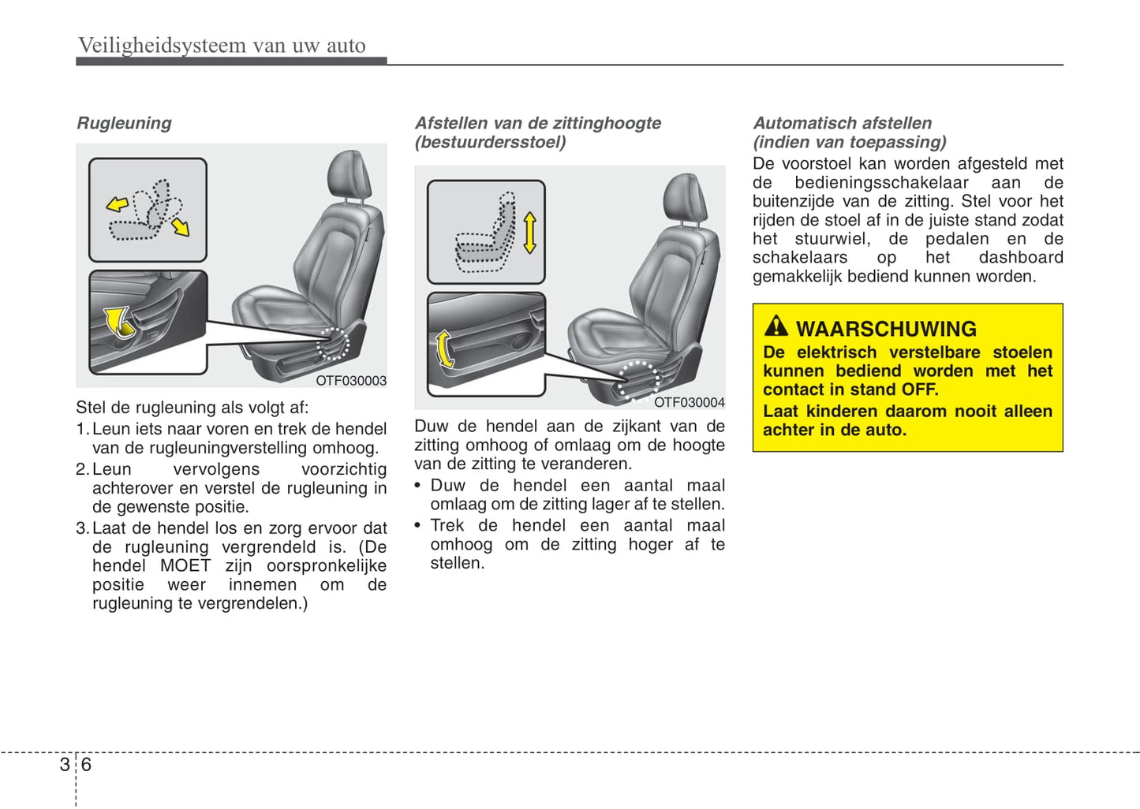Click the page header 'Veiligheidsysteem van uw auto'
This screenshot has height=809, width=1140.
[x=222, y=46]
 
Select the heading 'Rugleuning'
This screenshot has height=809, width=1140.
[x=124, y=123]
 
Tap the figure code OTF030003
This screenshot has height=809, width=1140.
[x=351, y=381]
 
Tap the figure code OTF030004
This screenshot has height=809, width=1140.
[x=689, y=403]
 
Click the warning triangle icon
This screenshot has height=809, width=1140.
[x=776, y=326]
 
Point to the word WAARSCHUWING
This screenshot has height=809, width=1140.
[x=886, y=329]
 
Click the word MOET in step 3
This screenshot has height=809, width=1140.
[x=185, y=566]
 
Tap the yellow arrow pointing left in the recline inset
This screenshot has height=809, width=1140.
[x=118, y=205]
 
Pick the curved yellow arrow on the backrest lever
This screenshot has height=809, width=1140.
[x=118, y=321]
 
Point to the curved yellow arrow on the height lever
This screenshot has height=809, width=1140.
[x=445, y=349]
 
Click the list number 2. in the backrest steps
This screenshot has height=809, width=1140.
[x=82, y=470]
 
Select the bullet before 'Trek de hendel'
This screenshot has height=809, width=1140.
[x=418, y=526]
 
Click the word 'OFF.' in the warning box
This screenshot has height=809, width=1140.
[x=920, y=390]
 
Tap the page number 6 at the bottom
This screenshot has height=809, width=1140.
[x=86, y=765]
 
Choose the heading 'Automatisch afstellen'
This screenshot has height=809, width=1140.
[x=842, y=123]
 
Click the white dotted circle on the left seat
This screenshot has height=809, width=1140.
[x=333, y=345]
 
